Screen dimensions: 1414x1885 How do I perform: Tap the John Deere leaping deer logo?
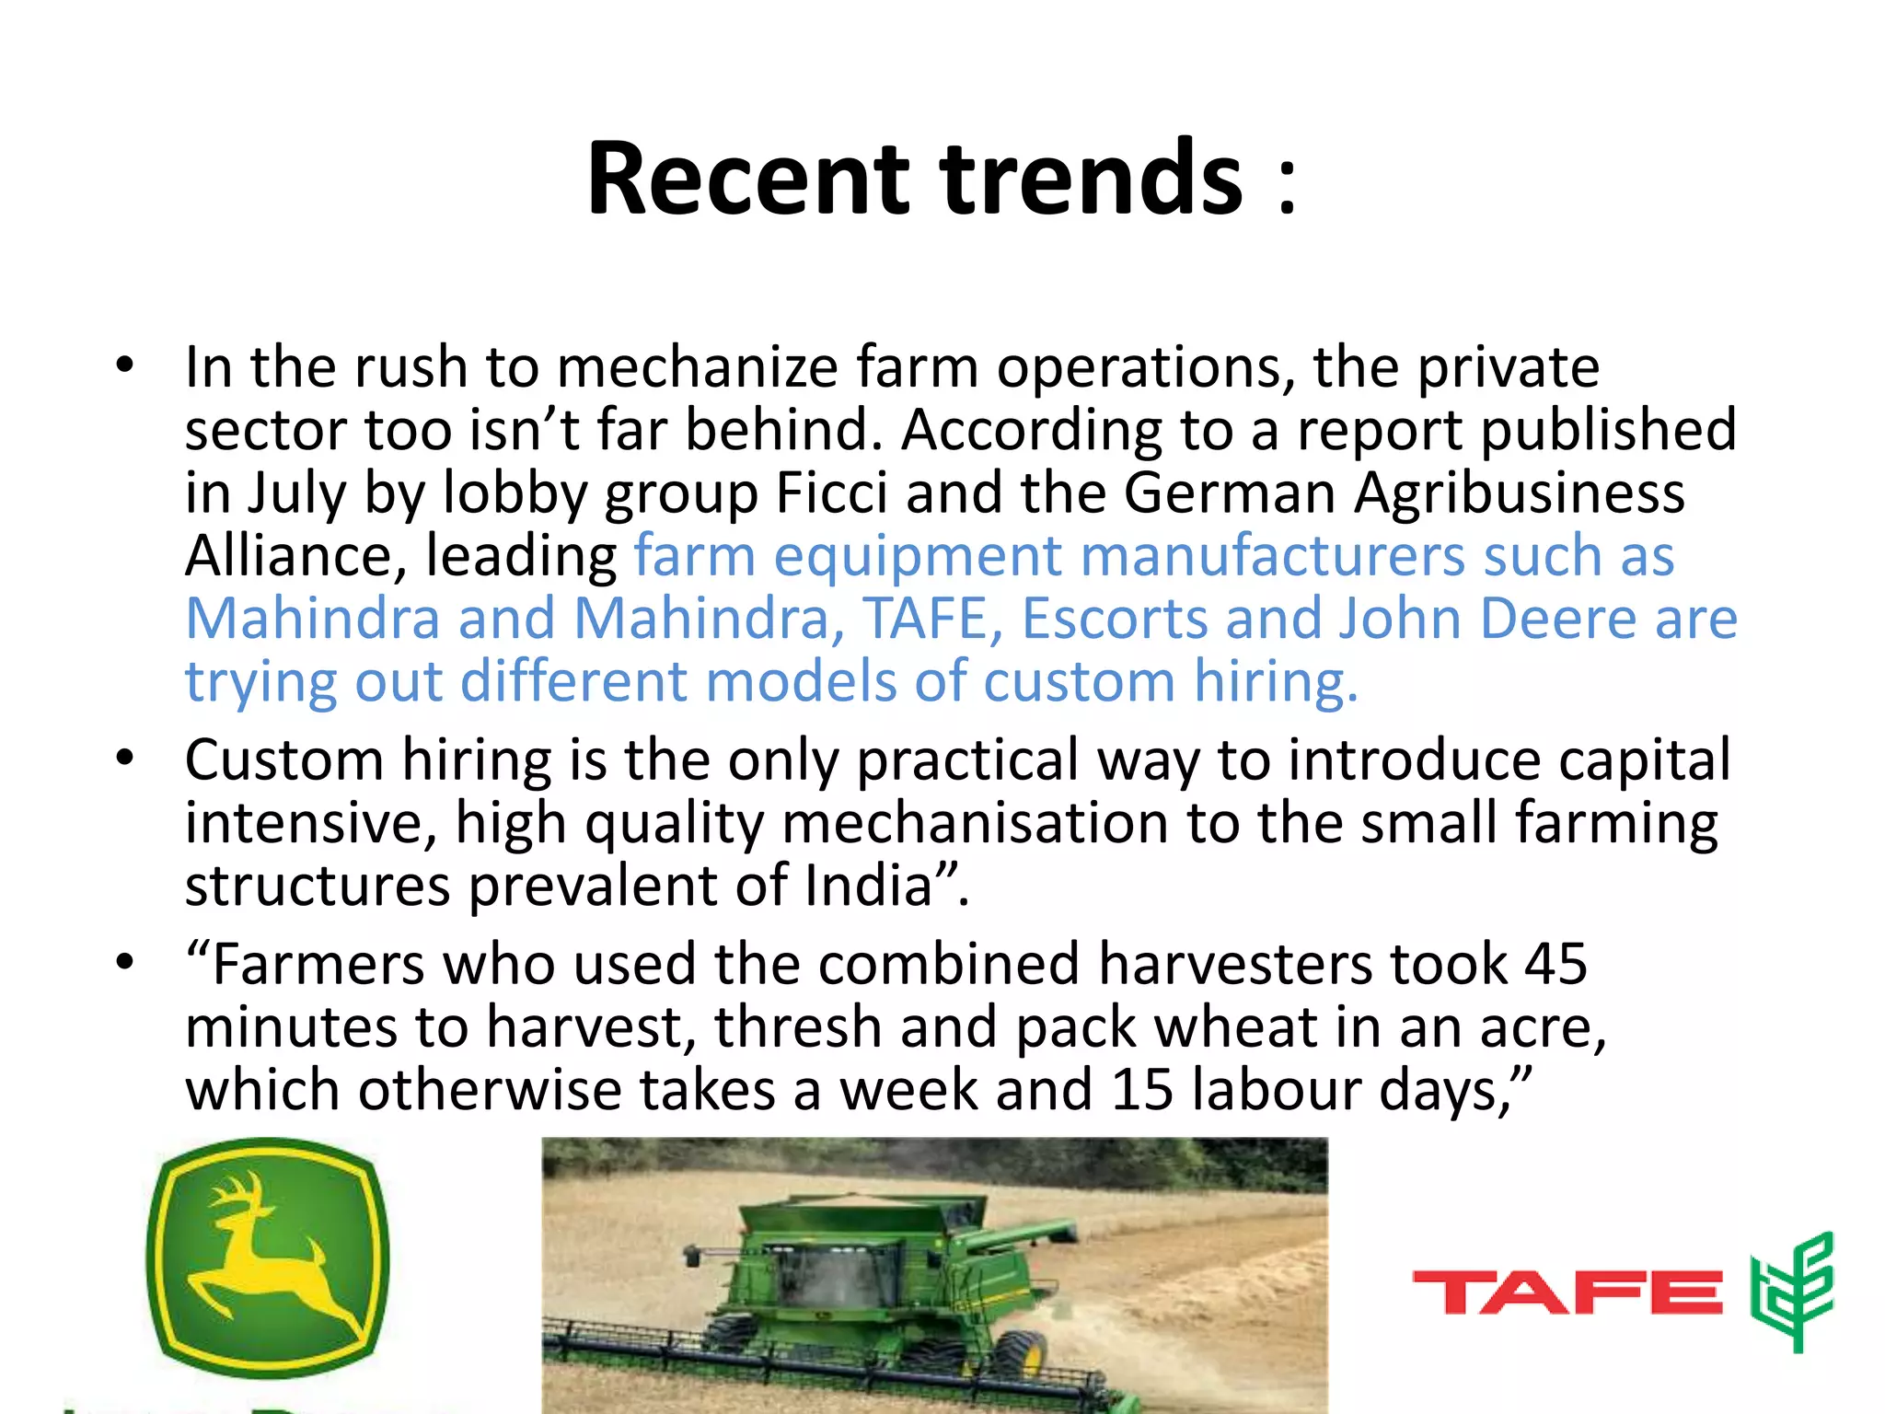(267, 1257)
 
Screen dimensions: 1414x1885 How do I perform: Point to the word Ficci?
(831, 493)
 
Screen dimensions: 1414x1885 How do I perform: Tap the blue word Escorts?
(1115, 618)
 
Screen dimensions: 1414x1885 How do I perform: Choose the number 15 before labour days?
(1141, 1090)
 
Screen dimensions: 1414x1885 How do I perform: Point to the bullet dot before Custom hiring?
(125, 759)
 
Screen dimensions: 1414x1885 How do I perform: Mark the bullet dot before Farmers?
(125, 963)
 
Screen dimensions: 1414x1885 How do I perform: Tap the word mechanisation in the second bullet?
(975, 822)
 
